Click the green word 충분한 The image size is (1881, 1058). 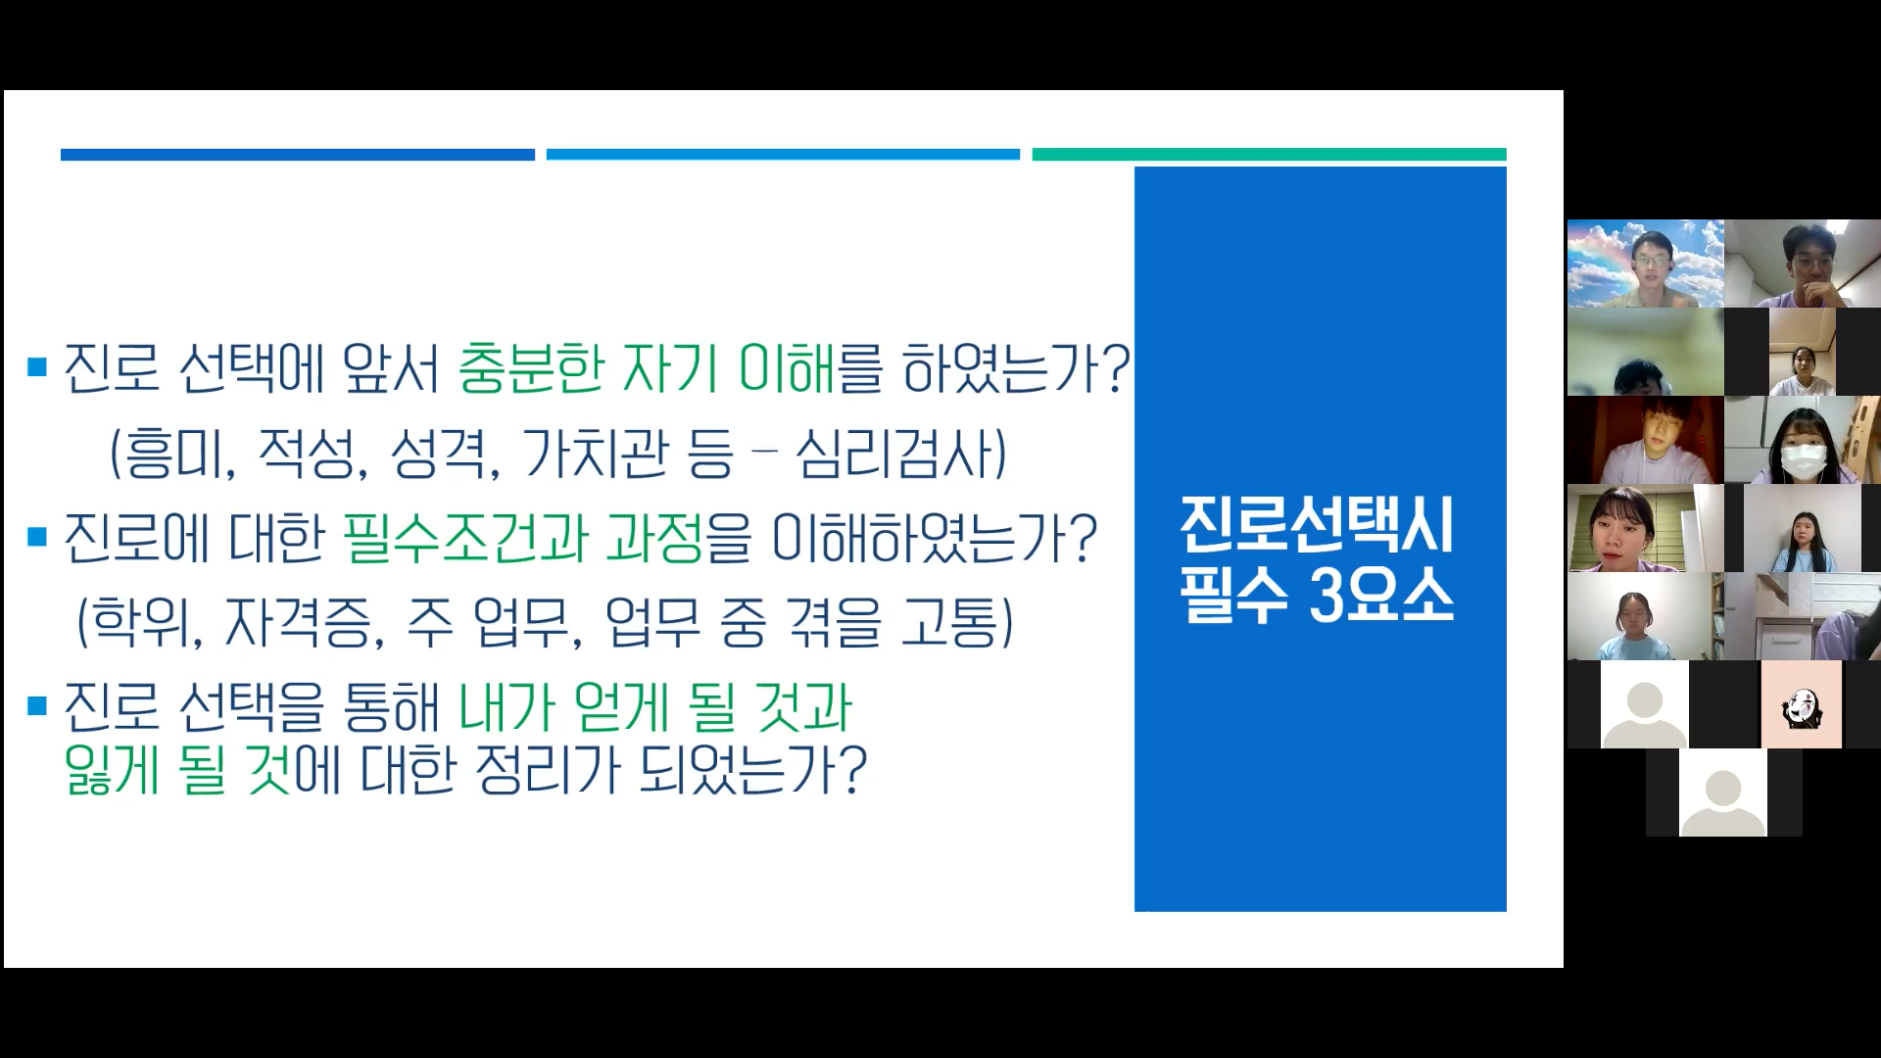[530, 368]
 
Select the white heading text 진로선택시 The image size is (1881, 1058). [1317, 525]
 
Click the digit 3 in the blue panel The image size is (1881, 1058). [1328, 596]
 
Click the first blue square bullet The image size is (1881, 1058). [38, 368]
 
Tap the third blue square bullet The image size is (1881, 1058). [38, 705]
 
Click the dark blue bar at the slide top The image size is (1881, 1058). [298, 155]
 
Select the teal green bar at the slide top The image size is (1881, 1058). [1269, 155]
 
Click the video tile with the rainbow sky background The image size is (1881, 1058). [1645, 264]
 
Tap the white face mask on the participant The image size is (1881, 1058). [1802, 459]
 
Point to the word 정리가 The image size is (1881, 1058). [548, 769]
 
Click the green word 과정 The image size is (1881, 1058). [654, 539]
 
